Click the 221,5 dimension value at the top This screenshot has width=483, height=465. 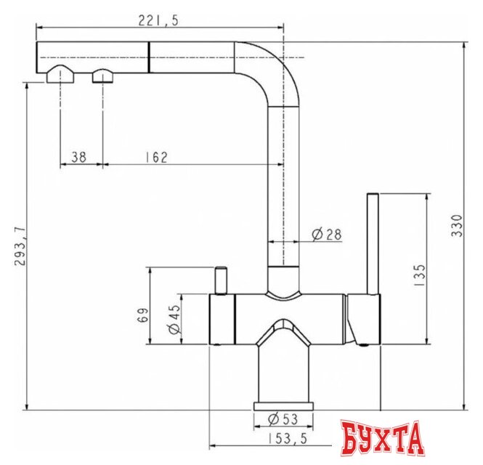158,21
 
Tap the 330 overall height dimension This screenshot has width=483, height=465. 457,226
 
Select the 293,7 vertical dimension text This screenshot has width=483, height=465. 20,246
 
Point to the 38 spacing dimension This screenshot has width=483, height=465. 79,157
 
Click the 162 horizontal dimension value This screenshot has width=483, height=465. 156,157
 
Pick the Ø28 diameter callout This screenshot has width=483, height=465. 327,235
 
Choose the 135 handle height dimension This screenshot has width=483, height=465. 419,275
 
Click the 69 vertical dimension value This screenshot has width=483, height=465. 143,315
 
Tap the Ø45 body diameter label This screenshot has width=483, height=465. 174,320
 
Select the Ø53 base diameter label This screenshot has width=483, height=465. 283,419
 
